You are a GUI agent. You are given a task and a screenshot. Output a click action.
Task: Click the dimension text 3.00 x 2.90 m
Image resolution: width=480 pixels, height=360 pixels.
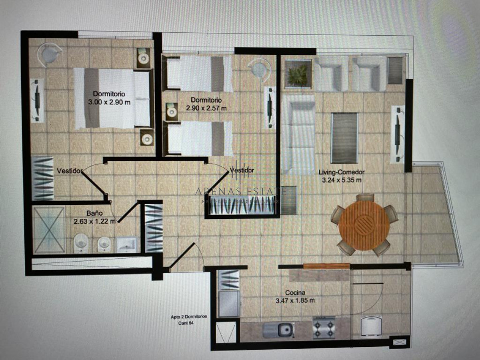tap(110, 102)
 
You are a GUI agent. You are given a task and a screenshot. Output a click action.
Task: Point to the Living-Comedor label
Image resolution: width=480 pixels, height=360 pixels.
tap(341, 172)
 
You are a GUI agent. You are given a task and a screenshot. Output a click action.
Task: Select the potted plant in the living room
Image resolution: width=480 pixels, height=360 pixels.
tap(298, 74)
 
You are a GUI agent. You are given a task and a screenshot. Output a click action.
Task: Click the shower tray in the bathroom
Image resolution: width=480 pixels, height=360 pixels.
tap(49, 230)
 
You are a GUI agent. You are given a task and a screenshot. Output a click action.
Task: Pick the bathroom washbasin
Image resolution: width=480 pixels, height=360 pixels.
tap(128, 244)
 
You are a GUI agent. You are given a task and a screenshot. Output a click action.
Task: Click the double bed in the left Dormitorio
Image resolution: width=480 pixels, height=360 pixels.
tap(112, 98)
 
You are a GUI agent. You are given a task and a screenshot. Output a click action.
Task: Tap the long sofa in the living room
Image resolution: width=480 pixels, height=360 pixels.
tap(298, 134)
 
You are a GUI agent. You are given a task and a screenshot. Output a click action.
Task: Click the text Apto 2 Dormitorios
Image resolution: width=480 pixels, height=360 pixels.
tap(188, 316)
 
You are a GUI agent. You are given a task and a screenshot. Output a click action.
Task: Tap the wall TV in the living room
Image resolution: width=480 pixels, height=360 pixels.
tap(398, 134)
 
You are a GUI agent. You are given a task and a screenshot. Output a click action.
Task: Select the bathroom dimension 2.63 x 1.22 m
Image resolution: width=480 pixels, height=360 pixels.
tap(95, 221)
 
